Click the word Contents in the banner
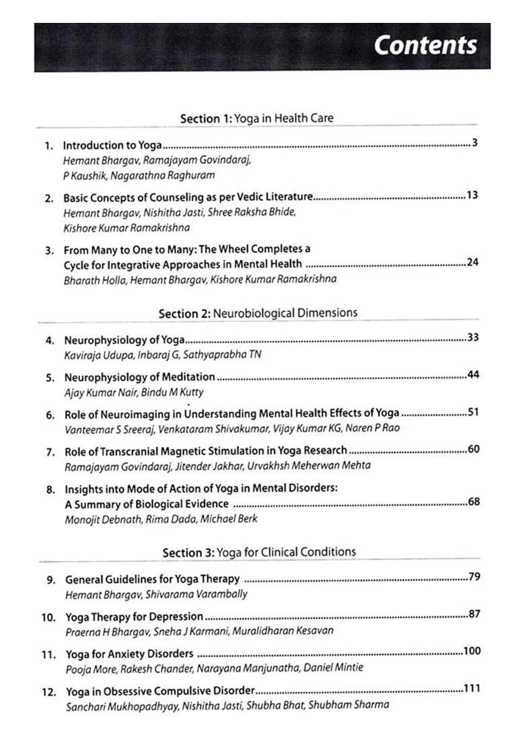(x=425, y=45)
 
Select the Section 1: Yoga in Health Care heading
(x=256, y=118)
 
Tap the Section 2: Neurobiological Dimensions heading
(x=258, y=313)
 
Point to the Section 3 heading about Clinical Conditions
(x=259, y=552)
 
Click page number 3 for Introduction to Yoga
(x=475, y=142)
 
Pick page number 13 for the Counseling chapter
(x=472, y=195)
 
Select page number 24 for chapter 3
(x=473, y=262)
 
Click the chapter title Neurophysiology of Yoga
(x=124, y=340)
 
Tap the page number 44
(x=473, y=375)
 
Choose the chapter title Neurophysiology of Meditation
(x=139, y=377)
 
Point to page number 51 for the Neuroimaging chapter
(x=473, y=412)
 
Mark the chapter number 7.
(x=50, y=451)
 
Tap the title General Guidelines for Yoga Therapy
(x=152, y=579)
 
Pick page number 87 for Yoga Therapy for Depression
(x=474, y=614)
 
